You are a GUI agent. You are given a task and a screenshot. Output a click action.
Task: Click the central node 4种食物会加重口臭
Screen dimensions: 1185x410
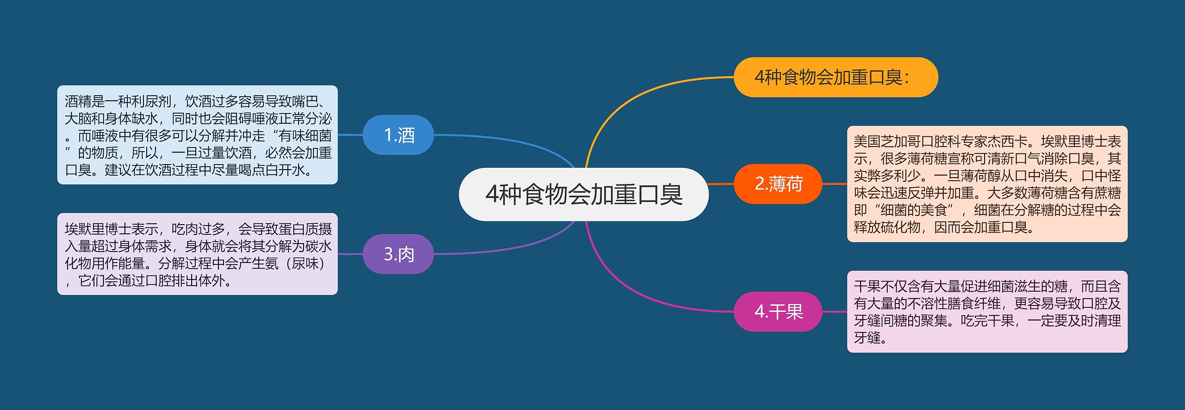pyautogui.click(x=583, y=194)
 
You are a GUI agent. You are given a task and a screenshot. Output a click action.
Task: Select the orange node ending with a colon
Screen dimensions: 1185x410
pyautogui.click(x=836, y=77)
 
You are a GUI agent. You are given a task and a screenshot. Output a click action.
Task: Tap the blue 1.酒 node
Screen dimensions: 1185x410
pyautogui.click(x=398, y=135)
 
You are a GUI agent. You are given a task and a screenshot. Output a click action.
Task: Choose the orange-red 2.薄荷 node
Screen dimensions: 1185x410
pyautogui.click(x=778, y=184)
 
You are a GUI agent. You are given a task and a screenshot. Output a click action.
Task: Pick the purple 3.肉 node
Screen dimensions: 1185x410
pyautogui.click(x=398, y=254)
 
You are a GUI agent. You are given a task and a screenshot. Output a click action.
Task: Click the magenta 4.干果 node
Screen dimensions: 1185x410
pyautogui.click(x=778, y=312)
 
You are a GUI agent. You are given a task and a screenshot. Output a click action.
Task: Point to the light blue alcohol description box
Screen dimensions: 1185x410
pyautogui.click(x=198, y=135)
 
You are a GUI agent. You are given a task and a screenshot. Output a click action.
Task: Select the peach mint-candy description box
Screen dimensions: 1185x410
pyautogui.click(x=987, y=184)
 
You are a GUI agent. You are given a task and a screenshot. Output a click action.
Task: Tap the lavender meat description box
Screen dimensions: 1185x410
pyautogui.click(x=198, y=254)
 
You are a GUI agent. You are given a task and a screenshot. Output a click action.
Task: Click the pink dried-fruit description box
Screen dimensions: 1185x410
pyautogui.click(x=987, y=312)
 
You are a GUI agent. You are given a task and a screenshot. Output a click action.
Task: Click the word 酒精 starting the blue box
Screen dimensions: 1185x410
pyautogui.click(x=78, y=101)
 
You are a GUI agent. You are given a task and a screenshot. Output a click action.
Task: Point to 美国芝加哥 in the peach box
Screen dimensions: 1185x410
pyautogui.click(x=887, y=141)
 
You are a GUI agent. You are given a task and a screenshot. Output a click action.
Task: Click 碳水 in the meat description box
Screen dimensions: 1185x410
pyautogui.click(x=318, y=246)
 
